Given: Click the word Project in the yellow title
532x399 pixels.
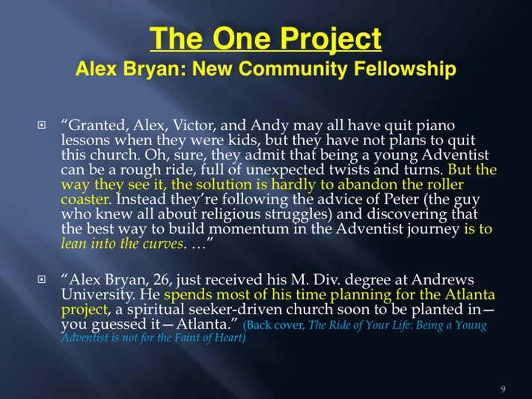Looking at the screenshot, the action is pos(331,40).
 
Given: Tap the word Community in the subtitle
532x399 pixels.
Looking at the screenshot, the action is pos(293,69).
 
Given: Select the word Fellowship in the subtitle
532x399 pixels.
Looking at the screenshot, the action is pos(405,69).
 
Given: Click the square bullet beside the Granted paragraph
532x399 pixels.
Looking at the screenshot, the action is pos(41,125).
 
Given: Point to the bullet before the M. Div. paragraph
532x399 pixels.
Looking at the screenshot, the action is pos(41,279).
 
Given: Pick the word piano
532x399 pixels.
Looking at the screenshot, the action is pos(435,126).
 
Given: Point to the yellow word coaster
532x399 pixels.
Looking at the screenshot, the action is pos(85,199).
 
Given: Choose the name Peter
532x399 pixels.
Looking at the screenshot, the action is pos(401,199).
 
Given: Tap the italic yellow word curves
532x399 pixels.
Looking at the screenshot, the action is pos(162,244).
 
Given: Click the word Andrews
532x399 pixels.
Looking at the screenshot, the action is pos(443,280).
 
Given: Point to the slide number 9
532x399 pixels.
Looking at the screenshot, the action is pos(503,389).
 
